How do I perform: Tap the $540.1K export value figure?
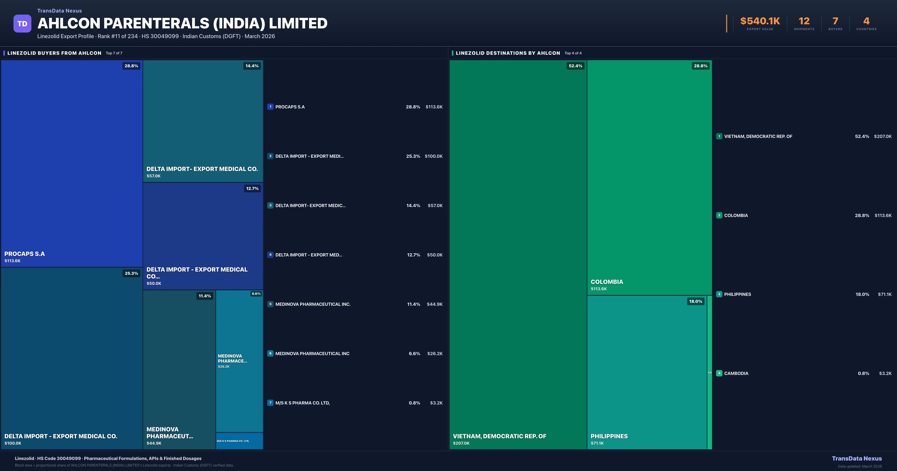760,21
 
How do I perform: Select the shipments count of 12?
804,21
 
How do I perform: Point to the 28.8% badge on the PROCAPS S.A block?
131,66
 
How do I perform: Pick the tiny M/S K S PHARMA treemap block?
239,441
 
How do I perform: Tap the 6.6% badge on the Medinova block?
256,294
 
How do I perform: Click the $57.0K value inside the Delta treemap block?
154,176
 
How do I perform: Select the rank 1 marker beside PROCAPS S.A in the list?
270,107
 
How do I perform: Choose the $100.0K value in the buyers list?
434,156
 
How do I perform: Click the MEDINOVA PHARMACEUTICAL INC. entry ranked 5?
313,304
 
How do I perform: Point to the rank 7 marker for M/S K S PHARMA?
270,403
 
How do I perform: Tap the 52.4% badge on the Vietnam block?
575,66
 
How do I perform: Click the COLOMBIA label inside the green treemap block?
607,282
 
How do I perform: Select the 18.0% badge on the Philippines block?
695,301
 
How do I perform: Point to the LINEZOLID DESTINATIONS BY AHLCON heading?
508,53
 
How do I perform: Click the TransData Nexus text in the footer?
857,458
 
